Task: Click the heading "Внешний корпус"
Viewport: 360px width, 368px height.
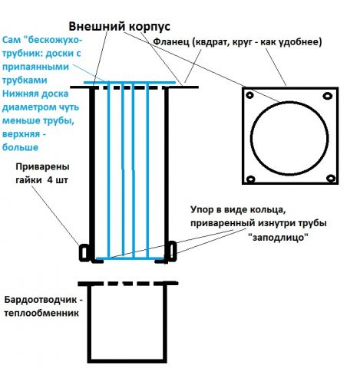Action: click(120, 27)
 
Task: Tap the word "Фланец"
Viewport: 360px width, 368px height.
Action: click(170, 41)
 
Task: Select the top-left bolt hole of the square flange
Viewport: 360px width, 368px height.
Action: click(249, 96)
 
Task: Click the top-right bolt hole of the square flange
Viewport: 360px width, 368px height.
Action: click(328, 96)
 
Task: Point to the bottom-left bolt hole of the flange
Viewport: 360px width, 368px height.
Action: click(251, 179)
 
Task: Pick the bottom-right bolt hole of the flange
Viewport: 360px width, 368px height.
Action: click(331, 178)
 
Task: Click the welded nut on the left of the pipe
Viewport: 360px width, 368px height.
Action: click(84, 253)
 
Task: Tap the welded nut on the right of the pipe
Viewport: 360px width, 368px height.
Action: click(172, 251)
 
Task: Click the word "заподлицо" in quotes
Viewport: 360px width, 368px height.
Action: click(279, 238)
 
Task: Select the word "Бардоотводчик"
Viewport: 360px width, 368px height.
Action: click(40, 300)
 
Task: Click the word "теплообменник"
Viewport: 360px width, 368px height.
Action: click(41, 313)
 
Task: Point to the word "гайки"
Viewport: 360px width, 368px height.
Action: click(28, 180)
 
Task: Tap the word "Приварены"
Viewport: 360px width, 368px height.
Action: click(42, 167)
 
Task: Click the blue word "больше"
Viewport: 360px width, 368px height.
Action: click(20, 147)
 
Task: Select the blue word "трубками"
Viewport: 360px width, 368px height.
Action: click(25, 80)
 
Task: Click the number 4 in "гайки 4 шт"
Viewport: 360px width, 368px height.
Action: click(51, 180)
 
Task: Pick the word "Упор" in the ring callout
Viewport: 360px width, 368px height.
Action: click(202, 210)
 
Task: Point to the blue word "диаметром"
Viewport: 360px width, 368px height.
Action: click(28, 107)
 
